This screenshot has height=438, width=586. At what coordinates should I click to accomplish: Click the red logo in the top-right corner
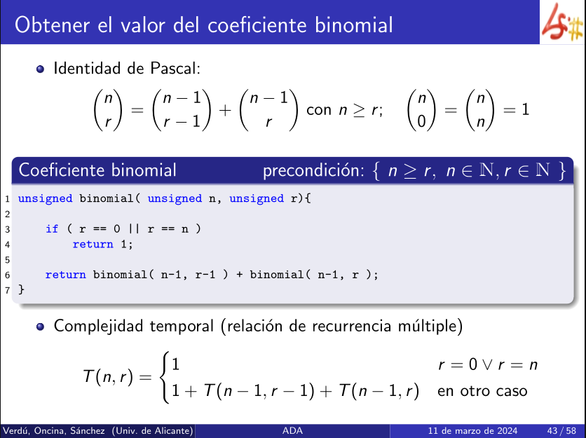562,22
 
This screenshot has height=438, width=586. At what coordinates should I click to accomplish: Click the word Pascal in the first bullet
175,69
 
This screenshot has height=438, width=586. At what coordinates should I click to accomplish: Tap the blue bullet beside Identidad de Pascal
41,69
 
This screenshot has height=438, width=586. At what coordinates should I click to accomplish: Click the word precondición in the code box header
313,170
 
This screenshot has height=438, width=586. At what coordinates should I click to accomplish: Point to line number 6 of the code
8,275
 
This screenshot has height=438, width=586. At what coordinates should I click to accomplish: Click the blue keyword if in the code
52,228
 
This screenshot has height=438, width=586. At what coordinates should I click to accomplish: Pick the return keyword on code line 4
93,245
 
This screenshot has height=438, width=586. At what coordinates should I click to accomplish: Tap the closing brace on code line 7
21,289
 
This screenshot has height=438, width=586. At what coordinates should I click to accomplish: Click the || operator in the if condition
134,228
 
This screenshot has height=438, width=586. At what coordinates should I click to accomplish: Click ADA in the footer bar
292,430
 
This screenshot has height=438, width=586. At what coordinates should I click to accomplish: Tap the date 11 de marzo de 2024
472,430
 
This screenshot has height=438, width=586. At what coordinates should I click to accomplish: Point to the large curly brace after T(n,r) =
164,377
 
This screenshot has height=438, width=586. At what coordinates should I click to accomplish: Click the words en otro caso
482,391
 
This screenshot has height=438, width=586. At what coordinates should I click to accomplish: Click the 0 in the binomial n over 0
421,122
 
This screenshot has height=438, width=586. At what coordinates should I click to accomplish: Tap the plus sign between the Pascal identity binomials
225,110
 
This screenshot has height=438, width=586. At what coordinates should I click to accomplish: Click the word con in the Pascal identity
319,110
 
